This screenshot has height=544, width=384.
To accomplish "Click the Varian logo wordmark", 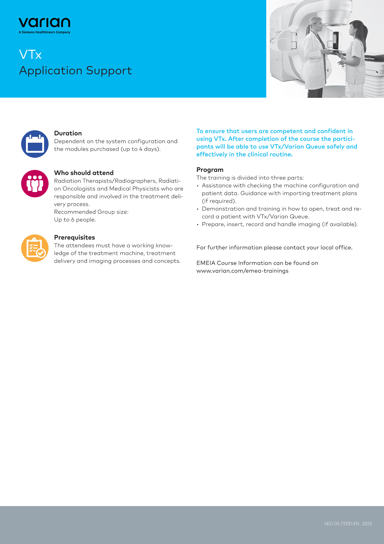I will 44,23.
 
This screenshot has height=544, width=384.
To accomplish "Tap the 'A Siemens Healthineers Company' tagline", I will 44,32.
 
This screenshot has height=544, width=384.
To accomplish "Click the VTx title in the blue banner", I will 30,54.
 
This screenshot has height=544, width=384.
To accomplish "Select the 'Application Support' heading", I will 76,71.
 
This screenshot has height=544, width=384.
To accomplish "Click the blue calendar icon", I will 35,144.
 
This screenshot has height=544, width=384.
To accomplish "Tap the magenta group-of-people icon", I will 35,184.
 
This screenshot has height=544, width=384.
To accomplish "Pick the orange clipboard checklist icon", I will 35,248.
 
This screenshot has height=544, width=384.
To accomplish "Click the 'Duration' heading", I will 68,133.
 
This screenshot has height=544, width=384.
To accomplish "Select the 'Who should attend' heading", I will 84,173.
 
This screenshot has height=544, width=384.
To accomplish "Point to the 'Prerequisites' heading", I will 75,237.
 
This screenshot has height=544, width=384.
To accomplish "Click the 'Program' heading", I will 210,170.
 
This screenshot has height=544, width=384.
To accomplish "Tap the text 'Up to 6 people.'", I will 75,220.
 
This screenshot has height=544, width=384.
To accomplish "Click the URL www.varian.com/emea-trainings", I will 242,271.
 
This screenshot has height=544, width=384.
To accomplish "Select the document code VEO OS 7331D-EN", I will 342,524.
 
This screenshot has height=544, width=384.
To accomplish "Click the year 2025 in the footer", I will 367,524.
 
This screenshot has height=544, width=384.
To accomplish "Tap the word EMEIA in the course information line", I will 206,263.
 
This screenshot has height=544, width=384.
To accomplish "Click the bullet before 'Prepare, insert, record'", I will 198,225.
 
